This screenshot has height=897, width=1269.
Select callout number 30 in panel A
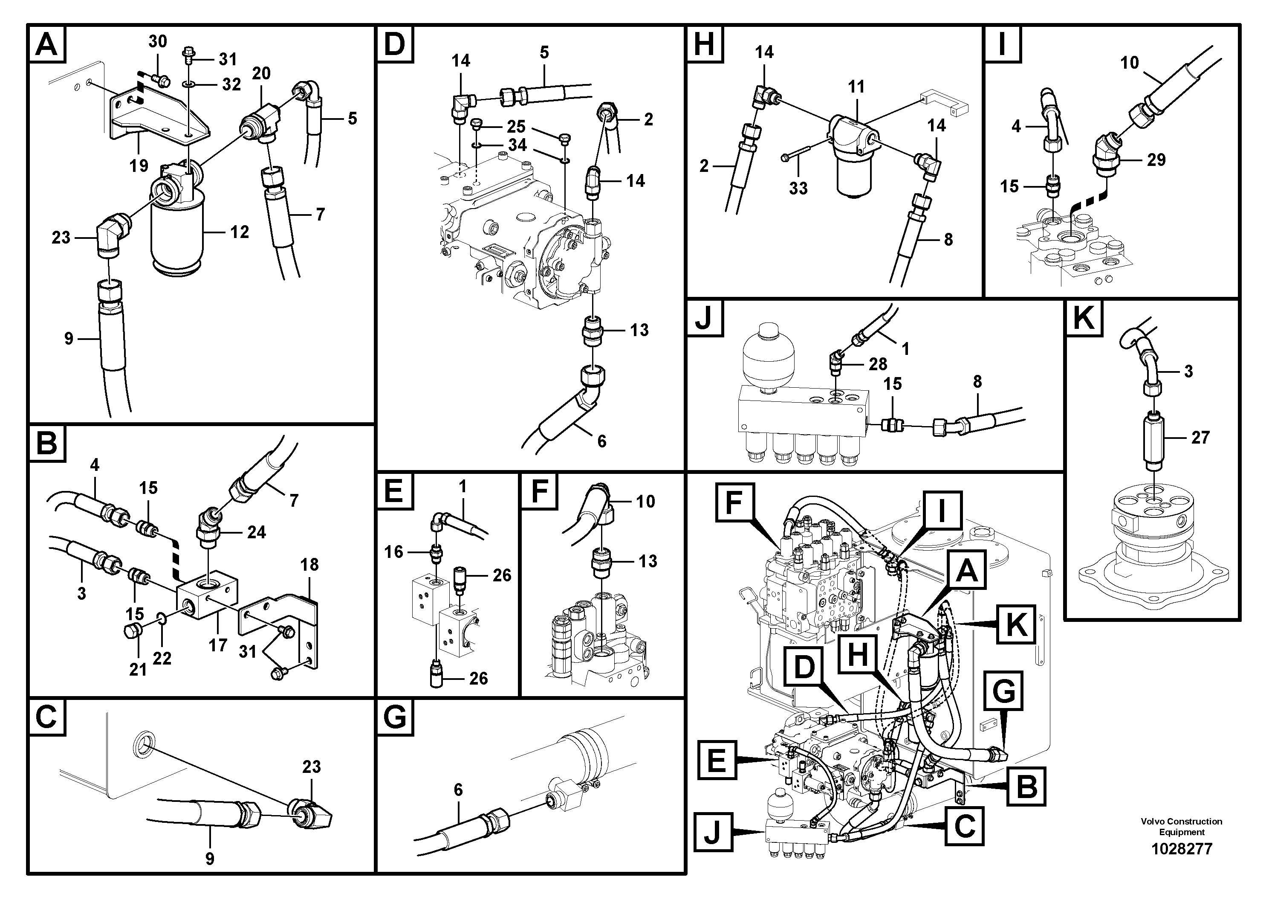[158, 41]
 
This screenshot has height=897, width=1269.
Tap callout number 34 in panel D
[517, 145]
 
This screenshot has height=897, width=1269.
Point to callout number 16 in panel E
[393, 552]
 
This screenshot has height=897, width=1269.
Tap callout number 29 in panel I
[1156, 160]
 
